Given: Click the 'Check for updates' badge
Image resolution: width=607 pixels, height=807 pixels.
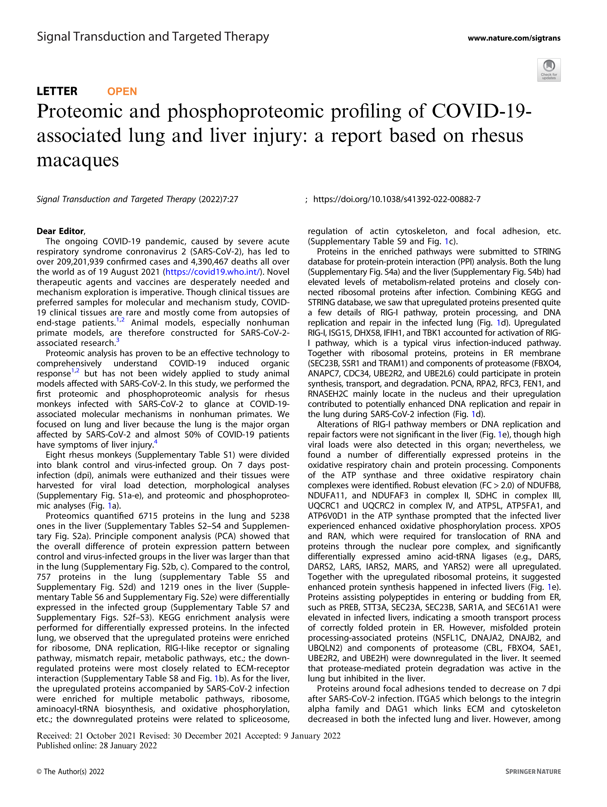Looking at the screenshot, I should (549, 70).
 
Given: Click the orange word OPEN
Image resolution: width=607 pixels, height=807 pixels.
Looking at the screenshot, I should (122, 92).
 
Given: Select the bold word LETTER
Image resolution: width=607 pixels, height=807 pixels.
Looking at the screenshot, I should (57, 91).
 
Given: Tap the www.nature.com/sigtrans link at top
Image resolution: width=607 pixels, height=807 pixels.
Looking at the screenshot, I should (514, 38).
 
